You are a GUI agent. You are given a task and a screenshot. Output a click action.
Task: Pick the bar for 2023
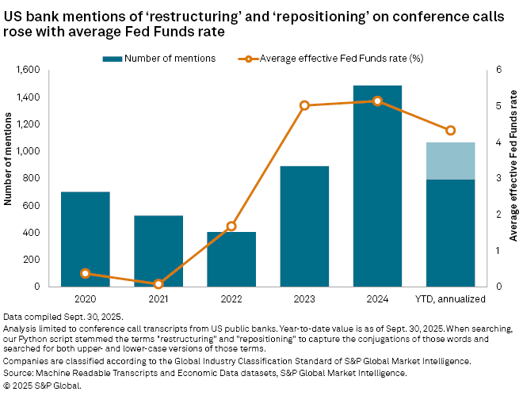[304, 226]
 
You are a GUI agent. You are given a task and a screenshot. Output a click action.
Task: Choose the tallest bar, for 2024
[377, 186]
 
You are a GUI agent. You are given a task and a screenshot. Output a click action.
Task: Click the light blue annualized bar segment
[450, 161]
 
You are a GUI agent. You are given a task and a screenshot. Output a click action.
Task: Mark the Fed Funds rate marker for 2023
[304, 105]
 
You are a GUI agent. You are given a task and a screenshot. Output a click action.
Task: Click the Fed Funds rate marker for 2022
[231, 226]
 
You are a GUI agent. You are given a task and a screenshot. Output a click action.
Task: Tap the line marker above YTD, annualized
[450, 131]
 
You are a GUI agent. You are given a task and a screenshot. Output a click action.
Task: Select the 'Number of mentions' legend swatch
[113, 58]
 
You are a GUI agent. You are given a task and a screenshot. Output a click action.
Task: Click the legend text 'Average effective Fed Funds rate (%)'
[333, 58]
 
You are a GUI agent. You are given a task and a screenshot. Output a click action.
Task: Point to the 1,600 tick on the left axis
[28, 70]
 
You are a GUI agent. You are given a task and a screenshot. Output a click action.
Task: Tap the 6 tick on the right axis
[498, 70]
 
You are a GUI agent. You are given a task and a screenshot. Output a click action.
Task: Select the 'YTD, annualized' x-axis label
[450, 299]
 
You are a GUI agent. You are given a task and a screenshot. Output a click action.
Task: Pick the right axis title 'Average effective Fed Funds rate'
[514, 176]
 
